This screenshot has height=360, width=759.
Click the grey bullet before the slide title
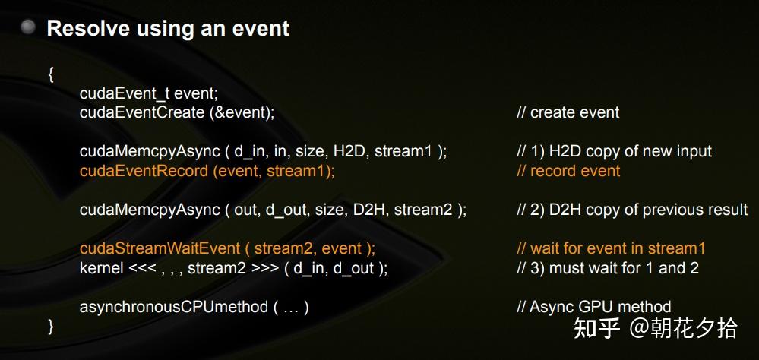coord(29,28)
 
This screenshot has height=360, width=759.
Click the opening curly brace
coord(50,74)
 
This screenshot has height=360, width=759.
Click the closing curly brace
coord(50,326)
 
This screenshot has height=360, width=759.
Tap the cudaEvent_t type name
coord(125,93)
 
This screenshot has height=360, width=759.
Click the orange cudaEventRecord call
coord(207,171)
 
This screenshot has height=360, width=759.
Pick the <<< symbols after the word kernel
coord(141,268)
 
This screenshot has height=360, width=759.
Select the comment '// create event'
coord(568,112)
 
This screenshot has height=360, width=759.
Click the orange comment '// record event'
coord(568,171)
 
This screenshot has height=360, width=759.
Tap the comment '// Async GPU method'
coord(593,307)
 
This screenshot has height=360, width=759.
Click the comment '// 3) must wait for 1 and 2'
coord(608,268)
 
